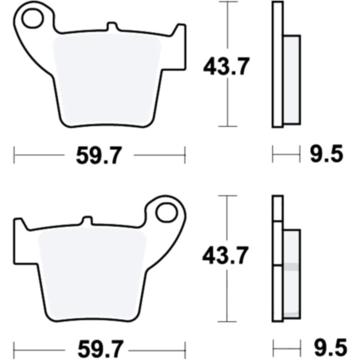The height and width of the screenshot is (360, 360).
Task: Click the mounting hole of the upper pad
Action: point(33,19)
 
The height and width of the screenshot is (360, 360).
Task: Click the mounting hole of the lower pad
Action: point(167,212)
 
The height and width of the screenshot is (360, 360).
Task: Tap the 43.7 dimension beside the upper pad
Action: point(226,67)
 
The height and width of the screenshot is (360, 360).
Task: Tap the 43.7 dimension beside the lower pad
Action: point(225,255)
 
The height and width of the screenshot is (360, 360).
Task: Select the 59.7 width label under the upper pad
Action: point(98,155)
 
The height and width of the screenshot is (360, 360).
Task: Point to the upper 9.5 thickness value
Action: point(327,154)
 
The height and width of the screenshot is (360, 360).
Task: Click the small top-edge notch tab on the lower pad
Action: point(87,220)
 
